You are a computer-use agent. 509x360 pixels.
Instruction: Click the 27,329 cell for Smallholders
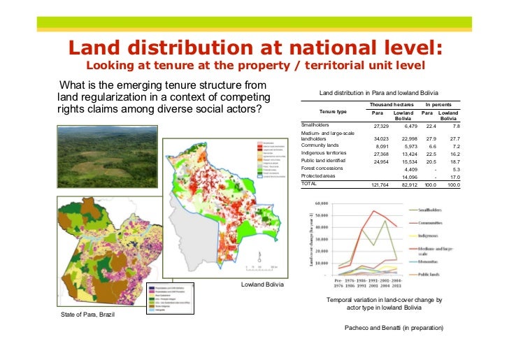click(x=380, y=126)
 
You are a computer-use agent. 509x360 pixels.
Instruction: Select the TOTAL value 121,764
click(x=380, y=185)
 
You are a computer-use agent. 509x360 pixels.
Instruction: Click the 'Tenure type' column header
click(x=333, y=111)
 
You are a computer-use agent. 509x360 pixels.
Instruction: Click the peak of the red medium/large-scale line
click(x=375, y=211)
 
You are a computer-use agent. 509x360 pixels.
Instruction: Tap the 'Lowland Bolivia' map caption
click(x=261, y=285)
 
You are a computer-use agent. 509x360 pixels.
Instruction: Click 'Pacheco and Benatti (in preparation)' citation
click(x=394, y=328)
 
